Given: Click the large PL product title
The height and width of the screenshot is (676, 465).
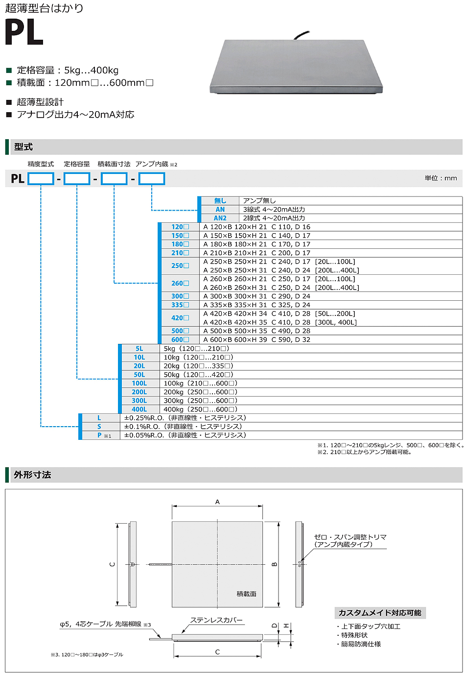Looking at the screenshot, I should (24, 33).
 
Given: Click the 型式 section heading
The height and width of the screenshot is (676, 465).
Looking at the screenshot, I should (23, 147).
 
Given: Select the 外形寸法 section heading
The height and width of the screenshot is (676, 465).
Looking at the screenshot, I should (32, 475).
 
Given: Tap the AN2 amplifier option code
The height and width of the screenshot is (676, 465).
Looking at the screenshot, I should (220, 218).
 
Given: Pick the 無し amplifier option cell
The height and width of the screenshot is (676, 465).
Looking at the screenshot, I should (220, 201).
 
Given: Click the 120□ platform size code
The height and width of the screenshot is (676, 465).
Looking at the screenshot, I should (180, 227).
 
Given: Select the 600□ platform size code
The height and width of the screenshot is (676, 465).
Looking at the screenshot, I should (180, 339).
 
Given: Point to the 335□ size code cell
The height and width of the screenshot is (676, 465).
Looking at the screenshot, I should (180, 305).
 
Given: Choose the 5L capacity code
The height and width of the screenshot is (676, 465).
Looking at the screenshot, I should (139, 349).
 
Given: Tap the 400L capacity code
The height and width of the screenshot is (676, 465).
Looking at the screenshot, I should (139, 410).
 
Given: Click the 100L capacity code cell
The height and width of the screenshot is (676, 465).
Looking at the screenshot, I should (139, 384).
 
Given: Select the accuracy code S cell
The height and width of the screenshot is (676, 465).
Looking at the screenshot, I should (99, 427).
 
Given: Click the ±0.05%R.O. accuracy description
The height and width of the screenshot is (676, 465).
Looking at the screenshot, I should (185, 435).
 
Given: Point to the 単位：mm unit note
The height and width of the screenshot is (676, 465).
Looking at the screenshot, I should (441, 178).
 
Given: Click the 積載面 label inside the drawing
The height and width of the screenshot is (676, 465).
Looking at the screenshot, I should (246, 594).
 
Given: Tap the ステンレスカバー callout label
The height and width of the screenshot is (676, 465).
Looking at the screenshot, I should (216, 620).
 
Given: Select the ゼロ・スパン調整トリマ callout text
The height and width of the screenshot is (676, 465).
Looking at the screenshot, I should (350, 537).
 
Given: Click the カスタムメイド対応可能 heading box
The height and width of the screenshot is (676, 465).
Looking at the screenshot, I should (380, 613).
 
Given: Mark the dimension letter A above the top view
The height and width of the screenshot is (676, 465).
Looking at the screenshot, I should (217, 502).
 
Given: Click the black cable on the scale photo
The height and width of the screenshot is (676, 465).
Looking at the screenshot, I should (301, 35).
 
